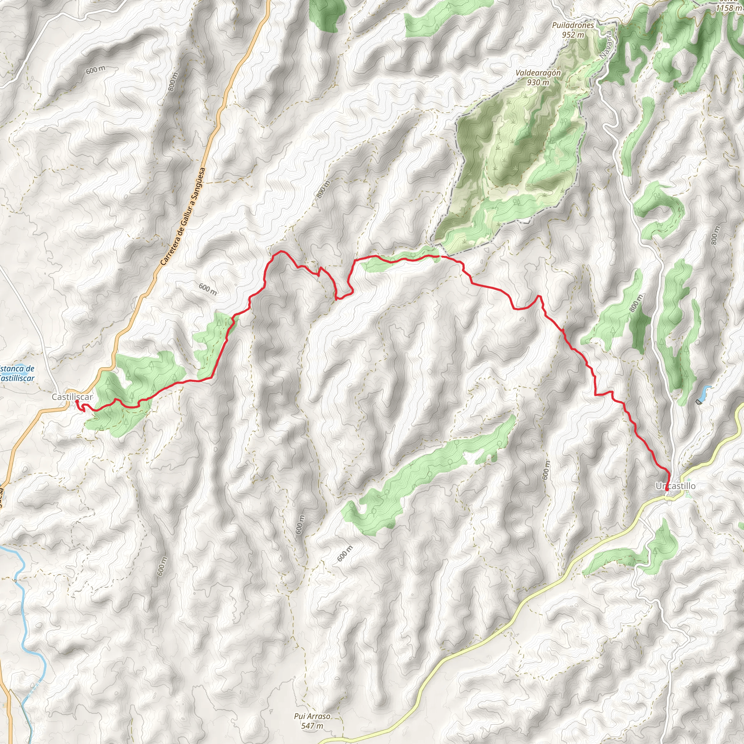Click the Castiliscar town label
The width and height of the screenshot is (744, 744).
point(72,397)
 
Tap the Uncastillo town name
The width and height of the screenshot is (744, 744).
point(675,486)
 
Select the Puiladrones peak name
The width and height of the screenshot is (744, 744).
point(573,25)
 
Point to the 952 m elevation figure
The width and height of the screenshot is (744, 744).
point(573,35)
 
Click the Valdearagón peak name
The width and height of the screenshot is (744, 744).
point(538,73)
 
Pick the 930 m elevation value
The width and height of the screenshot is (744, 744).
point(538,82)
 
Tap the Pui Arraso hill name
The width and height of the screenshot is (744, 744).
point(312,716)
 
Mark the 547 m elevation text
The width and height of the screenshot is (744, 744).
point(312,726)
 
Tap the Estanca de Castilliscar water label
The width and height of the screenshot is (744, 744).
point(17,373)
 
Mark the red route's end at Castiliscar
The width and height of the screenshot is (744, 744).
point(77,401)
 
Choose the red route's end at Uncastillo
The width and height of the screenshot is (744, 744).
point(667,489)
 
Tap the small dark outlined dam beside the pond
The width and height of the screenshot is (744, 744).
point(699,402)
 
